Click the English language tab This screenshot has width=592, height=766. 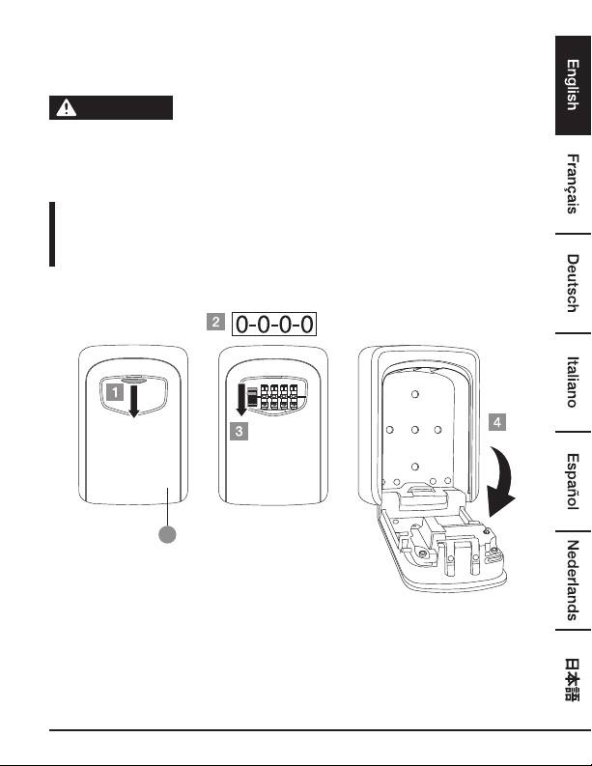(573, 86)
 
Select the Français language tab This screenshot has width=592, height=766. (573, 184)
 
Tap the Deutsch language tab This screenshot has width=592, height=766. (573, 283)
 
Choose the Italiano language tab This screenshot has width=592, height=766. (573, 382)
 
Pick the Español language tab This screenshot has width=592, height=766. (573, 481)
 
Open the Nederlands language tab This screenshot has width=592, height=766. (573, 581)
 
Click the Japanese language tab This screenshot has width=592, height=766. (573, 679)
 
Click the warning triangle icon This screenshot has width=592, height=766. (66, 107)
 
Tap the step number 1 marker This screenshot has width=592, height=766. (115, 392)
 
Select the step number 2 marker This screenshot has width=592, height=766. (215, 322)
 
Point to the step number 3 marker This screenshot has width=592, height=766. (239, 432)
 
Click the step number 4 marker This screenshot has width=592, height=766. (497, 422)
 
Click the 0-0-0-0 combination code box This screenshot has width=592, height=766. (274, 324)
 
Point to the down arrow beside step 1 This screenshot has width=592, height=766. (133, 401)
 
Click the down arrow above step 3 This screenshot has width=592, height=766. (241, 400)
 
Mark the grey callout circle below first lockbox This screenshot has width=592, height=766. (167, 534)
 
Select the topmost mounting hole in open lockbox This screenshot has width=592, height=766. (414, 394)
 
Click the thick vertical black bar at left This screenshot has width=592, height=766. (52, 234)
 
